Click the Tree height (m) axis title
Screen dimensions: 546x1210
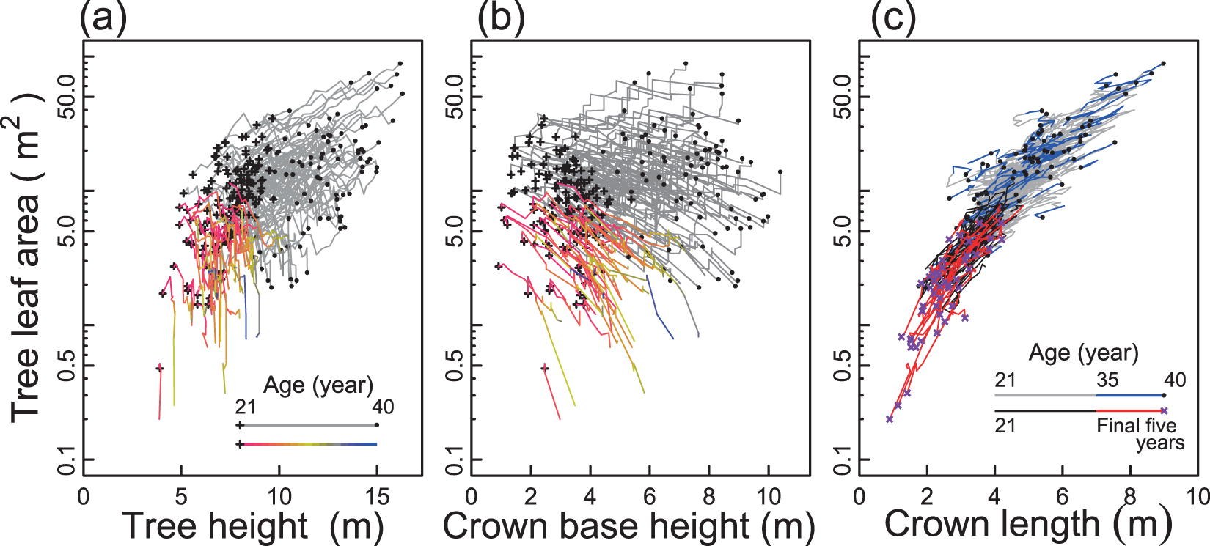click(253, 525)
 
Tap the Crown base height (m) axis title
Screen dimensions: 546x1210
click(628, 525)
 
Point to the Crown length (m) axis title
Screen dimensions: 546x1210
click(1027, 524)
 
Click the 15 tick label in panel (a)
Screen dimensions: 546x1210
click(377, 497)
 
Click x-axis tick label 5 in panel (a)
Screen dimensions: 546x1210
click(181, 497)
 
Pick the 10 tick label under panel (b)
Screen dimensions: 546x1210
click(768, 497)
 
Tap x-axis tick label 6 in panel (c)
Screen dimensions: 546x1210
click(1062, 497)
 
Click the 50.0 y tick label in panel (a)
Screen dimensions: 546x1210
click(67, 97)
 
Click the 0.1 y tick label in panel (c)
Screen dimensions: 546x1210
click(843, 460)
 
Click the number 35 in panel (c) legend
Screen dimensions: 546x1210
click(1107, 380)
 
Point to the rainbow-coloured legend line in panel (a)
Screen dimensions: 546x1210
click(308, 444)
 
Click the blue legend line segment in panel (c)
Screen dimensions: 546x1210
click(1129, 396)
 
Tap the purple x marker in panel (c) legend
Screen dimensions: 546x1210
click(1164, 411)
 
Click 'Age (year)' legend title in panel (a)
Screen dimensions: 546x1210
click(318, 385)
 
